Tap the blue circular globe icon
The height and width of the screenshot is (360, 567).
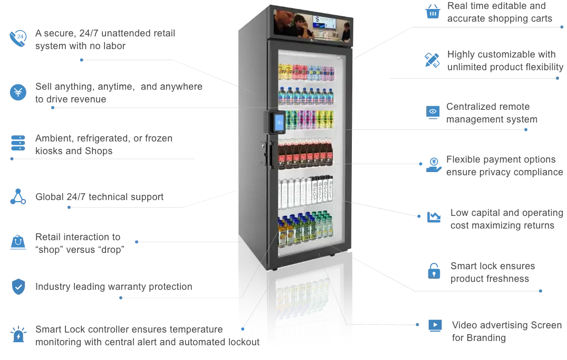[x=19, y=91]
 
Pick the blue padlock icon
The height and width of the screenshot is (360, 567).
[x=434, y=270]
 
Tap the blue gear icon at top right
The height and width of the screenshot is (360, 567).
[x=434, y=12]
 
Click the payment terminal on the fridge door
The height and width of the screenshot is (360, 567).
[x=278, y=121]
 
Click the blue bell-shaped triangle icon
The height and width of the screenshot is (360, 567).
[x=18, y=242]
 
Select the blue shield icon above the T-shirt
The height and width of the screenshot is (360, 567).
[x=18, y=286]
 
